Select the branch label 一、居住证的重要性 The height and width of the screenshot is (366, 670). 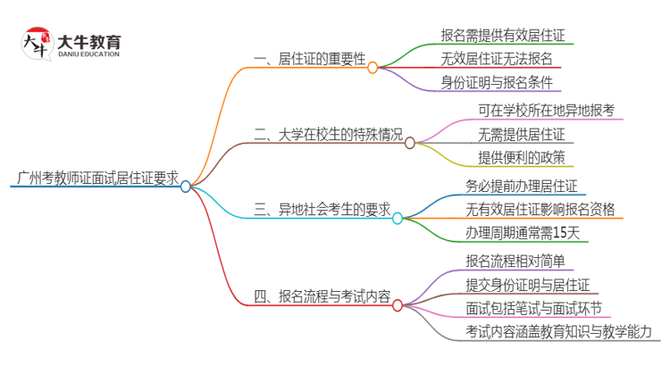click(310, 59)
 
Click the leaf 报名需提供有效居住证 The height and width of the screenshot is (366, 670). click(502, 35)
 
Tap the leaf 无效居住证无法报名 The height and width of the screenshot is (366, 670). click(496, 59)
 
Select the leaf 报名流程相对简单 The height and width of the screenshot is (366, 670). click(515, 261)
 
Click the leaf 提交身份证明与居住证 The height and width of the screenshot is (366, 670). click(527, 284)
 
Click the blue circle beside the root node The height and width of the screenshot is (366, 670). click(185, 187)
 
